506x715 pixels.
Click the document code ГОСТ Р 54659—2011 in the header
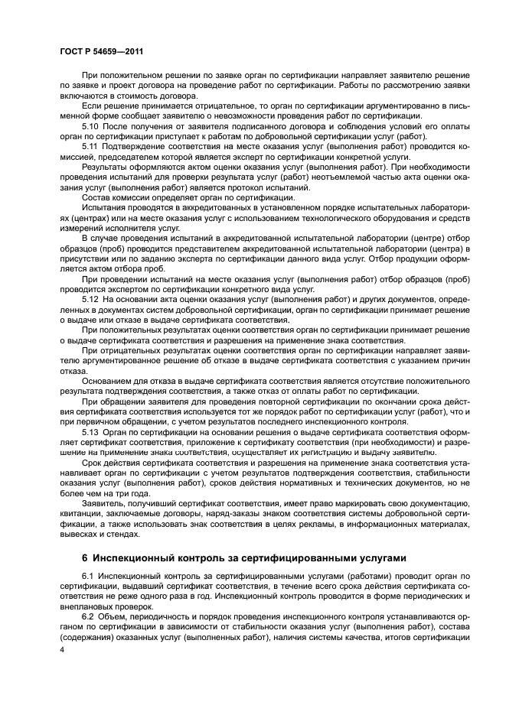pos(103,52)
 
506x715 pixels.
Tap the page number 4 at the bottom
pos(63,648)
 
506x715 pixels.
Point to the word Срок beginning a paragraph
pos(93,464)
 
